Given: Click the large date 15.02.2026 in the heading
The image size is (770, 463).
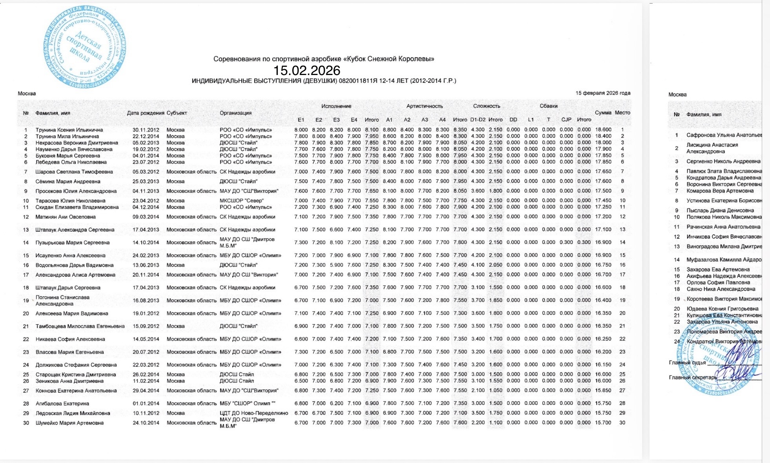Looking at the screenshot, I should [307, 71].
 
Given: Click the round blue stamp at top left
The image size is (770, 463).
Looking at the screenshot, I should [85, 47].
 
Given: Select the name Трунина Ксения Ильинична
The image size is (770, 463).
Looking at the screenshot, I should [69, 130].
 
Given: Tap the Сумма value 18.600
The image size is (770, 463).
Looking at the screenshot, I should [603, 130].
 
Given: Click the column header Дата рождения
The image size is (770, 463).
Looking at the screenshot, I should [146, 113].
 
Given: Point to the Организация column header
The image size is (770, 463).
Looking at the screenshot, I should [235, 113].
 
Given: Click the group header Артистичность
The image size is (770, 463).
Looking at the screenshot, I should [424, 106].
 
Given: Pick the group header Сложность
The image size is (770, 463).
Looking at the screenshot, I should [486, 106].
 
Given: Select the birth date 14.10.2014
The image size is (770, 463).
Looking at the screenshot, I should [146, 243].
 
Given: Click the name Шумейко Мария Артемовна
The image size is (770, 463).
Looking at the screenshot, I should [69, 423].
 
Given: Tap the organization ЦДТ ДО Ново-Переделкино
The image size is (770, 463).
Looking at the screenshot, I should [254, 413].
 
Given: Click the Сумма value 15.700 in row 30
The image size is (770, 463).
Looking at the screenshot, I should [603, 423].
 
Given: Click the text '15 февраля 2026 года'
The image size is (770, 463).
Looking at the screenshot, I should [603, 93].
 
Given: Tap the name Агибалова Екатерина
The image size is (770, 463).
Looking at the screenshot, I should [62, 404].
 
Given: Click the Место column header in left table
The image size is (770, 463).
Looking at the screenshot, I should [622, 113].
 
